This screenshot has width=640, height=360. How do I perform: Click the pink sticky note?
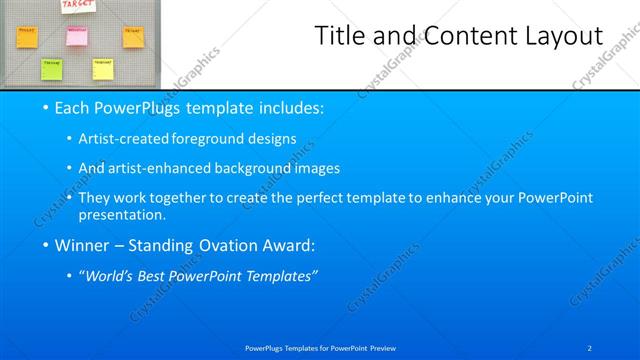(x=77, y=35)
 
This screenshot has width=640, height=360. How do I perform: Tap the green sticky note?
(x=50, y=68)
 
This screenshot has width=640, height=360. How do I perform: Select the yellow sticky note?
(x=102, y=68)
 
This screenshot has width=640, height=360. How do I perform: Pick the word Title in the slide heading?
(x=340, y=37)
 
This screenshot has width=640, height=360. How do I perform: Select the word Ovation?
(x=235, y=244)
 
